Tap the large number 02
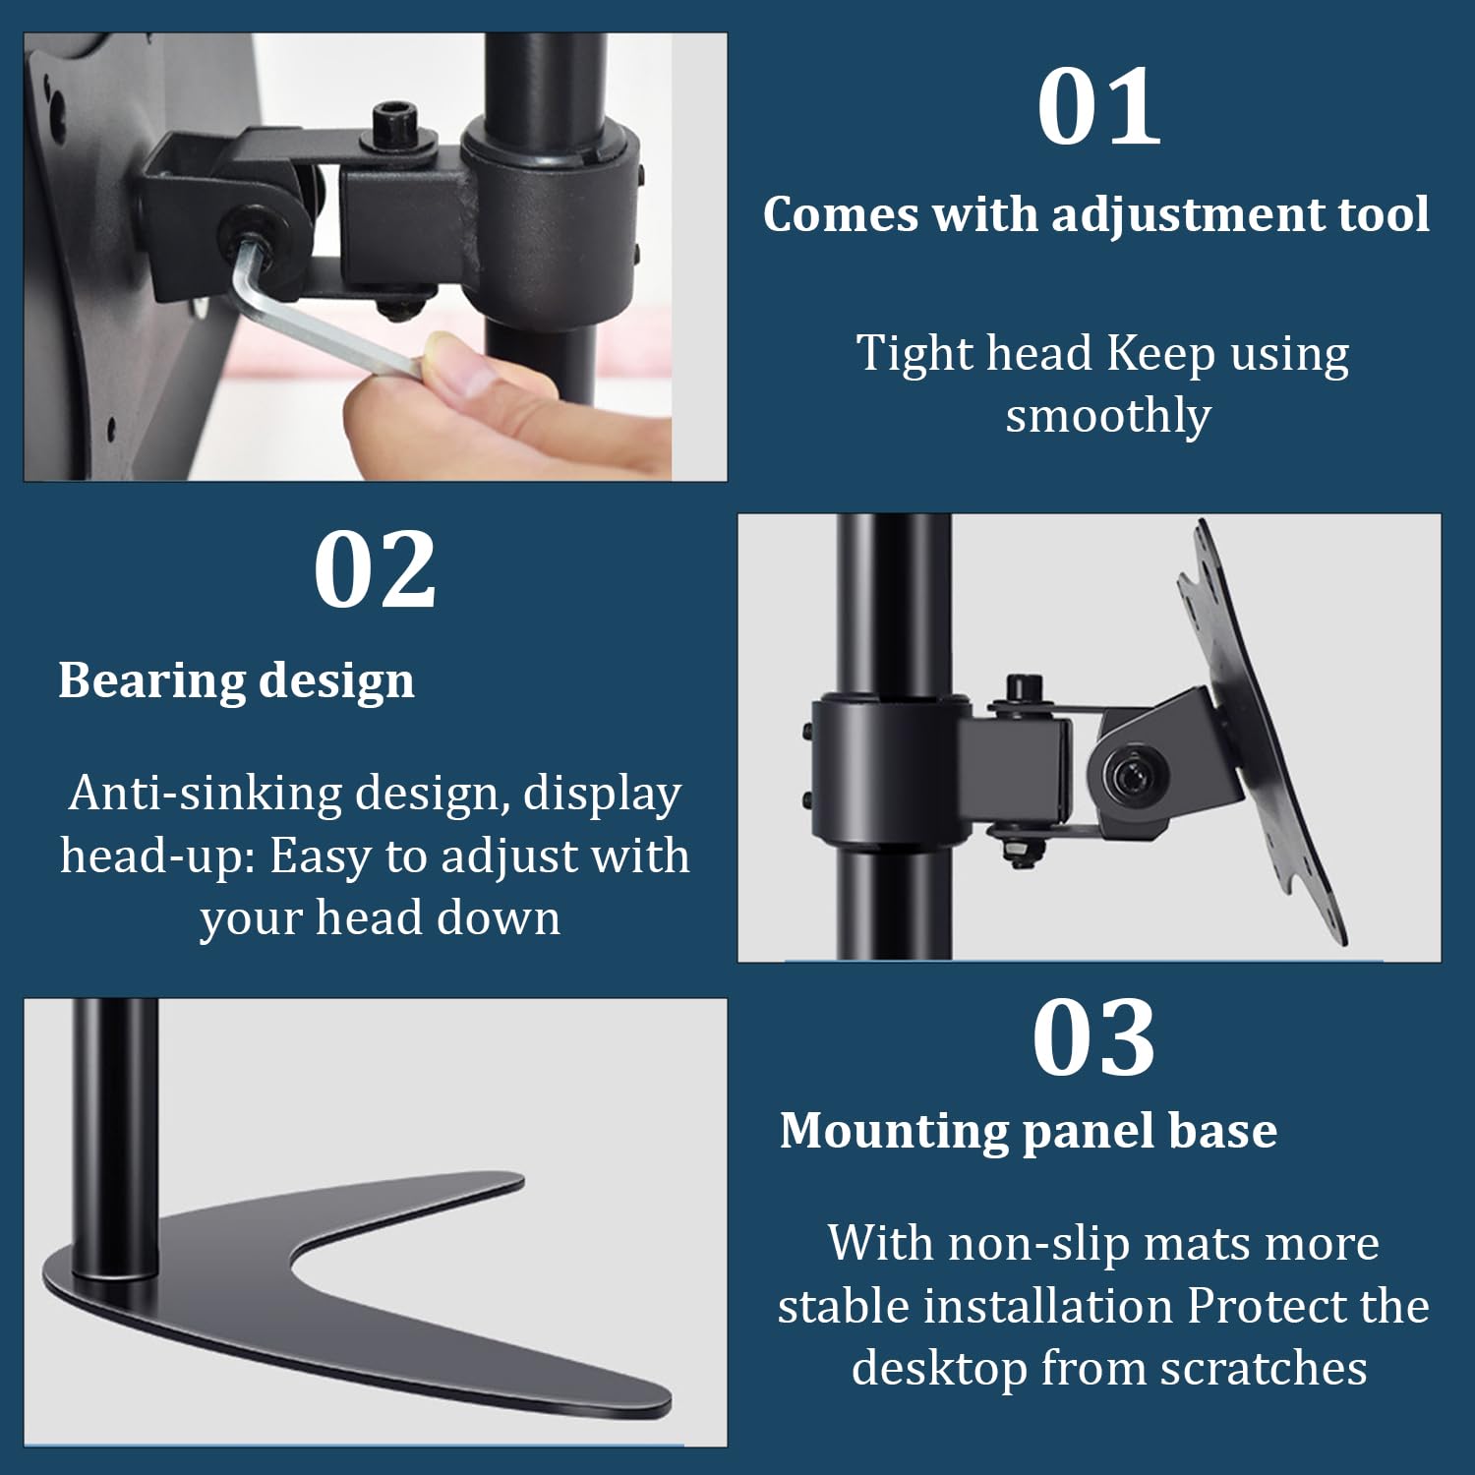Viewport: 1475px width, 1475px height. [375, 569]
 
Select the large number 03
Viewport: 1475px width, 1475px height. [1093, 1037]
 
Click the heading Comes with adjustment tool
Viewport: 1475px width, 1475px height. [1096, 215]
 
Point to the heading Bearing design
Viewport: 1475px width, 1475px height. [236, 681]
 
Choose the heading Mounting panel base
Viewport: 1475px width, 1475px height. [1029, 1131]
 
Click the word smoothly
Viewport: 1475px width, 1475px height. [1108, 417]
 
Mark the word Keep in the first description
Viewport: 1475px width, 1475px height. [1161, 354]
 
